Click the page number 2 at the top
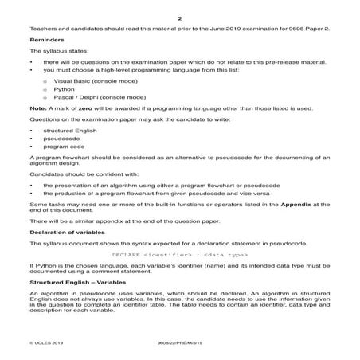pyautogui.click(x=180, y=18)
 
